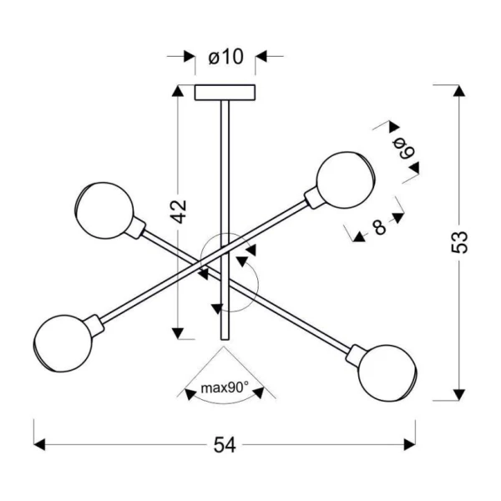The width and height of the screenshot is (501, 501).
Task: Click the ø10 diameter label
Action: pos(226,57)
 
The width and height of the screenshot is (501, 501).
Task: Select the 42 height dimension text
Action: pos(178,211)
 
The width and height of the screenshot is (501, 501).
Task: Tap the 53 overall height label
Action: pos(459,242)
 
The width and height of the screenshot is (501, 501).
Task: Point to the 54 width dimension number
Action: pos(225,445)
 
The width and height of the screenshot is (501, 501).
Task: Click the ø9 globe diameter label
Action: pos(403,149)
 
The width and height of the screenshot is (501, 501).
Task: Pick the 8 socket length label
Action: pos(379,227)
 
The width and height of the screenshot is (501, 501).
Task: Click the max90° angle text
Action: pos(225,388)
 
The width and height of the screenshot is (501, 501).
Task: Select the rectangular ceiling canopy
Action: pos(225,93)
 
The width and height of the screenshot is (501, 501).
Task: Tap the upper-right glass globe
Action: pos(346,180)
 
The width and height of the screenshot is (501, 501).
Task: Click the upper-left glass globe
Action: pos(105,210)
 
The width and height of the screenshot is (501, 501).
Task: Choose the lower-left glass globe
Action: pos(63,343)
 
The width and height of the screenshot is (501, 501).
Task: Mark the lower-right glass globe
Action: pos(387,373)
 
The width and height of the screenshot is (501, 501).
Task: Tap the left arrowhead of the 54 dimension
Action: pos(39,445)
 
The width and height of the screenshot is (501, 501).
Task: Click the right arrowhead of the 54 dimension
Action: pos(410,445)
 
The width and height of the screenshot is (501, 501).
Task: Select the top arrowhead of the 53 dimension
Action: pos(459,91)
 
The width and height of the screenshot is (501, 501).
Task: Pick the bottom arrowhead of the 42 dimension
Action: pos(178,333)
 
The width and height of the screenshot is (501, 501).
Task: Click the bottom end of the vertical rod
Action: pos(225,339)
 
